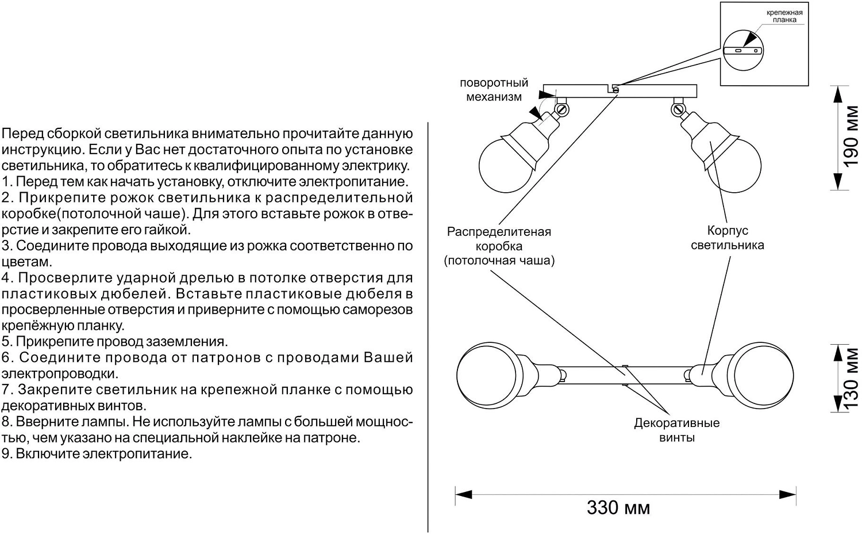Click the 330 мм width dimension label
tap(618, 508)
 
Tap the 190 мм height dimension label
tap(850, 136)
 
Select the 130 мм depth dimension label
tap(850, 377)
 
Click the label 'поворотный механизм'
tap(494, 90)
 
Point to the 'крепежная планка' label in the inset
tap(784, 16)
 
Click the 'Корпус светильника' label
tap(727, 238)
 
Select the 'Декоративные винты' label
tap(676, 430)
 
